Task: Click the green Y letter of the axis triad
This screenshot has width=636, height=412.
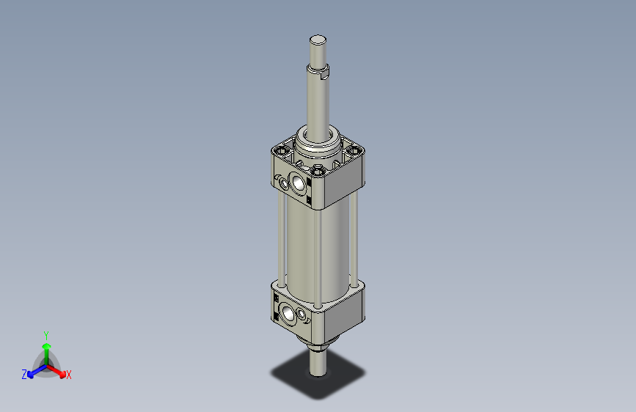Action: (x=45, y=334)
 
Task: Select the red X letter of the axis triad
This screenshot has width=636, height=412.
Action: (x=69, y=375)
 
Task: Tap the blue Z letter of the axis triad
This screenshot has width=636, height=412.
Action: (x=24, y=375)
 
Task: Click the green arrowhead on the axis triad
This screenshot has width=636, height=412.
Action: (x=46, y=345)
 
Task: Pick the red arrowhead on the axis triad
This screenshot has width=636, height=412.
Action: (x=61, y=372)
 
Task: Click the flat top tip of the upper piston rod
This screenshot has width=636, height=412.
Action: (x=318, y=40)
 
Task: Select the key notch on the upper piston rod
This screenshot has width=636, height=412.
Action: (x=326, y=72)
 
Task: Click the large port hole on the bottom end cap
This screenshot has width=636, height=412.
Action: (x=287, y=314)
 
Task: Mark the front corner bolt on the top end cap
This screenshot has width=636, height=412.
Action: (x=318, y=171)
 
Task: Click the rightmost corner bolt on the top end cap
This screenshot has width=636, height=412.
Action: (x=357, y=152)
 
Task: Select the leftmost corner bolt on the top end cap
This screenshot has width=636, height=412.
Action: (x=279, y=152)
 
